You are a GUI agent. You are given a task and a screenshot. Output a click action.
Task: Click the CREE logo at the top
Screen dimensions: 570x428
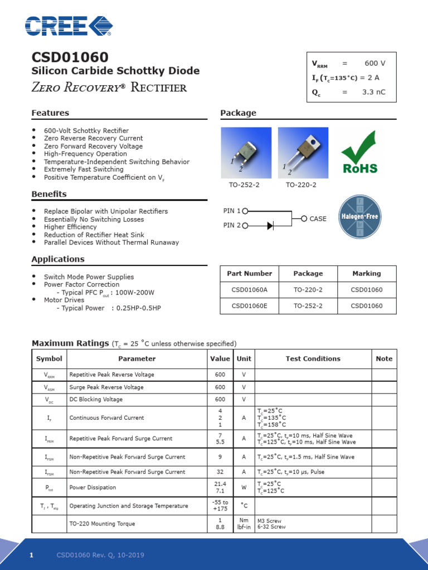pyautogui.click(x=69, y=26)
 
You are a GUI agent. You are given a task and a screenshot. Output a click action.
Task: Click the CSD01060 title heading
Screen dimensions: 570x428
pyautogui.click(x=70, y=57)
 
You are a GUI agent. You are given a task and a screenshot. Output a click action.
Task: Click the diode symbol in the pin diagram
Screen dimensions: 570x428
pyautogui.click(x=270, y=225)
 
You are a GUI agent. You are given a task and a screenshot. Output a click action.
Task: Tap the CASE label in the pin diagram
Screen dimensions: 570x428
pyautogui.click(x=318, y=219)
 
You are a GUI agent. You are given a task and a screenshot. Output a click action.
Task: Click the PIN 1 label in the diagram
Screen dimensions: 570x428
pyautogui.click(x=232, y=211)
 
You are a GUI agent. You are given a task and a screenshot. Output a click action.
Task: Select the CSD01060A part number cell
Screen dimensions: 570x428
pyautogui.click(x=249, y=289)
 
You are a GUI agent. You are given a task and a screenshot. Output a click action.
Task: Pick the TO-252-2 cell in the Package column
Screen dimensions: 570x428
pyautogui.click(x=308, y=306)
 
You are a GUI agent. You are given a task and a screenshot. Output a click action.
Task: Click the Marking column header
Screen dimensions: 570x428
pyautogui.click(x=367, y=273)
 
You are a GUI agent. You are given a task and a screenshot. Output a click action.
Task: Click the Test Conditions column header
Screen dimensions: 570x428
pyautogui.click(x=313, y=359)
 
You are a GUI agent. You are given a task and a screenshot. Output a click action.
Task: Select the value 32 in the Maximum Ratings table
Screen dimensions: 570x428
pyautogui.click(x=220, y=472)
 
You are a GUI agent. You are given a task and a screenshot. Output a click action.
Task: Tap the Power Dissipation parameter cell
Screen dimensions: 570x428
pyautogui.click(x=93, y=488)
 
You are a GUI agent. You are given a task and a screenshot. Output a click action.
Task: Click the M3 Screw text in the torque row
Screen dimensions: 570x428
pyautogui.click(x=269, y=521)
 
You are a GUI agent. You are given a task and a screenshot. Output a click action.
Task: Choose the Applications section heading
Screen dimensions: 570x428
pyautogui.click(x=58, y=259)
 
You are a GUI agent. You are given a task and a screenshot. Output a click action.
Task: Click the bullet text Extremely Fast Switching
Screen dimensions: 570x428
pyautogui.click(x=84, y=169)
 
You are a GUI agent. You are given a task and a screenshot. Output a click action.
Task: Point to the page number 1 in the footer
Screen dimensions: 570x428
pyautogui.click(x=32, y=555)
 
